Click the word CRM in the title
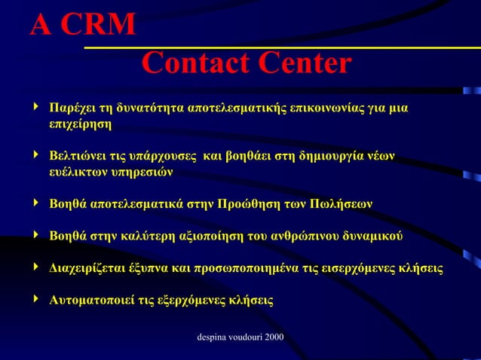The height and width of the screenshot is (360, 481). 97,26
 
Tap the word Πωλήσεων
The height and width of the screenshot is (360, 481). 341,204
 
